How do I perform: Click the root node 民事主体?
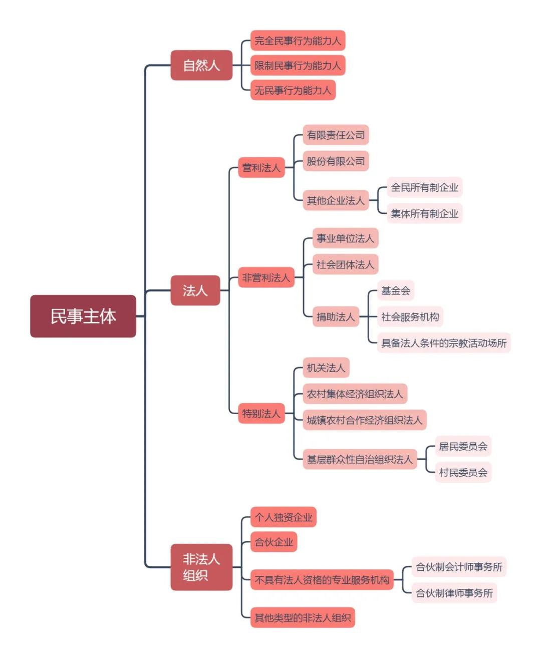(83, 316)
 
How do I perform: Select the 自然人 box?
(201, 65)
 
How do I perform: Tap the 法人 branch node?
(195, 290)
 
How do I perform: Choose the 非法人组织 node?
(201, 567)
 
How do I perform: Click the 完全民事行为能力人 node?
(298, 41)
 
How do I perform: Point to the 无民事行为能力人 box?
(293, 90)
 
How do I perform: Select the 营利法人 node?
(261, 168)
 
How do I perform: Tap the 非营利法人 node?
(266, 277)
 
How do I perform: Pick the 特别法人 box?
(261, 414)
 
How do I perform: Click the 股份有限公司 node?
(336, 161)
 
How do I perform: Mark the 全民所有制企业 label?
(424, 187)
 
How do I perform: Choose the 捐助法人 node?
(336, 316)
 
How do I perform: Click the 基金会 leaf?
(396, 290)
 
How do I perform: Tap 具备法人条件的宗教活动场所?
(444, 343)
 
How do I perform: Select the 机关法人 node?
(326, 368)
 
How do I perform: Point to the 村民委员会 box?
(463, 472)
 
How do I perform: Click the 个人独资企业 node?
(284, 517)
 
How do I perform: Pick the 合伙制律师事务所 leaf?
(454, 593)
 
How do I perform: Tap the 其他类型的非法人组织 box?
(303, 617)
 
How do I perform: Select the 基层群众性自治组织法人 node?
(360, 459)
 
